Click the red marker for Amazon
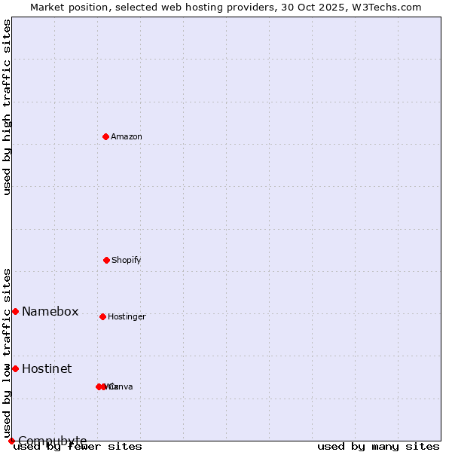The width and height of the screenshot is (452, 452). click(x=105, y=136)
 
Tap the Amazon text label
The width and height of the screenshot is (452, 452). click(x=127, y=136)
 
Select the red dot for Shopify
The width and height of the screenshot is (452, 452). click(x=106, y=260)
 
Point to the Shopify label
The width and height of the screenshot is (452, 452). click(x=127, y=260)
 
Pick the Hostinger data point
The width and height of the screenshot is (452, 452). click(x=102, y=316)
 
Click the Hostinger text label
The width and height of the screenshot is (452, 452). click(x=127, y=316)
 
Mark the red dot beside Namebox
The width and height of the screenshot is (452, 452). click(x=15, y=311)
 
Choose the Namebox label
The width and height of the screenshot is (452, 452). click(x=50, y=312)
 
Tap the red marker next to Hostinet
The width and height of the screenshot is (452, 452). click(x=15, y=368)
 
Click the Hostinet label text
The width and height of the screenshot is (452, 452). click(x=47, y=368)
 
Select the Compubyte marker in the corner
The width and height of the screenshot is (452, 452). click(x=11, y=441)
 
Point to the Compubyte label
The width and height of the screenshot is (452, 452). click(x=53, y=441)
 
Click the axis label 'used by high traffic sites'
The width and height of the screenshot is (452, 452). click(x=7, y=107)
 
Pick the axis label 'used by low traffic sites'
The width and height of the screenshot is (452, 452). click(x=7, y=353)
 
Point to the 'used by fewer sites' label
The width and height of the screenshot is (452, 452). click(x=78, y=446)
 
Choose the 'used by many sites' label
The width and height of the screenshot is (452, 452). click(x=378, y=446)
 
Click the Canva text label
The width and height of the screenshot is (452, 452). click(x=121, y=386)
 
